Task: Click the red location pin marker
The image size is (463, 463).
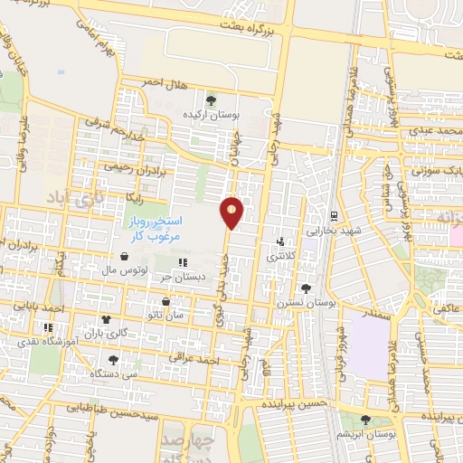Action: pos(233,213)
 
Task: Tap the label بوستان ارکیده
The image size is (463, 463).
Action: pos(210,115)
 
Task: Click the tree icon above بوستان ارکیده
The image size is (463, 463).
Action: pos(211,100)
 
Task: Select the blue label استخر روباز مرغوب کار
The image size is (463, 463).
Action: pos(151,227)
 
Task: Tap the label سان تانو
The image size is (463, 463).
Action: pos(168,314)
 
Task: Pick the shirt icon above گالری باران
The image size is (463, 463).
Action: pos(106,319)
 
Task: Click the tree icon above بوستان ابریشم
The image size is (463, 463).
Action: pos(366,420)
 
